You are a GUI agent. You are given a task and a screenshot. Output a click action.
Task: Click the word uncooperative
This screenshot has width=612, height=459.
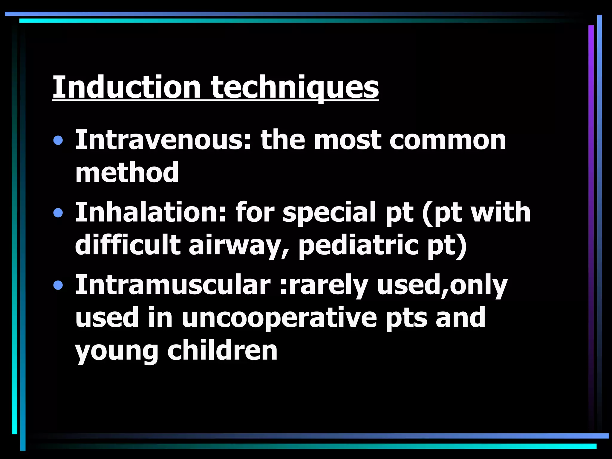pyautogui.click(x=279, y=319)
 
